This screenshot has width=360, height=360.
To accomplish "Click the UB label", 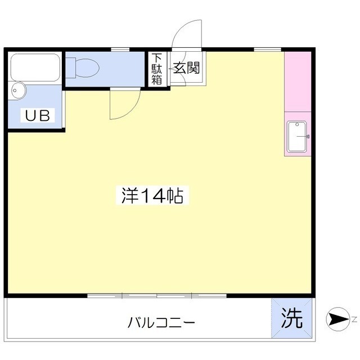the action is click(x=38, y=115).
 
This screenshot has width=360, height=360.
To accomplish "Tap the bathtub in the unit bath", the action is click(x=35, y=67).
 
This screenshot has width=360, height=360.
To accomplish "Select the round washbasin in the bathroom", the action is click(x=18, y=91).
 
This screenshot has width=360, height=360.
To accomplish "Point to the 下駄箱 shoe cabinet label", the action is click(x=156, y=69).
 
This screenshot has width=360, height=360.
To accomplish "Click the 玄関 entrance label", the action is click(x=186, y=68).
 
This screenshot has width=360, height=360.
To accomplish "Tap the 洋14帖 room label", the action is click(x=152, y=195).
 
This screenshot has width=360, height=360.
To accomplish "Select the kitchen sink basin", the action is click(x=297, y=137).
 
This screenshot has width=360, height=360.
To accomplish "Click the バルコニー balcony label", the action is click(x=161, y=322).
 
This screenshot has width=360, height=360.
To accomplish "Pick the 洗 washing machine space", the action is click(x=292, y=318).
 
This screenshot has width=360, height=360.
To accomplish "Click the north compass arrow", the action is click(x=337, y=319).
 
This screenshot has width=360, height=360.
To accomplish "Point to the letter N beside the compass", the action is click(x=354, y=319).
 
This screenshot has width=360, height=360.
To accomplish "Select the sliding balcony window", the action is click(x=157, y=296).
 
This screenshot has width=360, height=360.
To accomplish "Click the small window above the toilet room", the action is click(x=120, y=49).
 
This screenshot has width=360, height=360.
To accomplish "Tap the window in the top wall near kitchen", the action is click(x=268, y=49).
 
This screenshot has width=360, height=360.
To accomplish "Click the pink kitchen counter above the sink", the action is click(x=298, y=82).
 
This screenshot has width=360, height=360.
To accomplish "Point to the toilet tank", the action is click(x=70, y=68).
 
